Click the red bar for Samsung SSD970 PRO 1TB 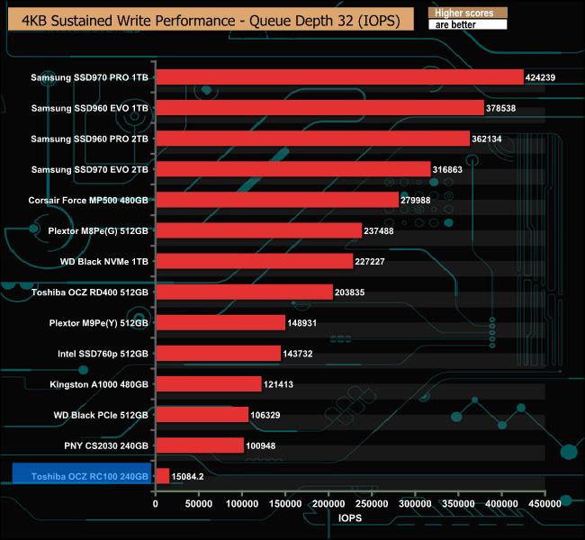pos(339,77)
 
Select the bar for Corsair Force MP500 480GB pos(277,200)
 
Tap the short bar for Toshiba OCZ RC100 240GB pos(163,476)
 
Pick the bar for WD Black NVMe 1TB pos(254,261)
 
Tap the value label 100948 pos(265,445)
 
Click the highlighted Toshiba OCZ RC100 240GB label pos(81,476)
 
